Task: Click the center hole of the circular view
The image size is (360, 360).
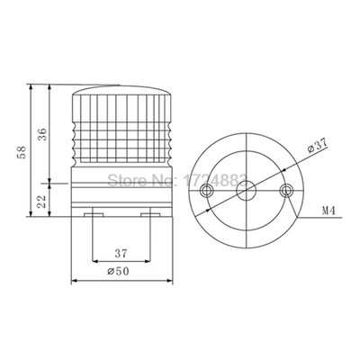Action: click(247, 191)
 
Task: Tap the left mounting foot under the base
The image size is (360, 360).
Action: click(93, 216)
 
